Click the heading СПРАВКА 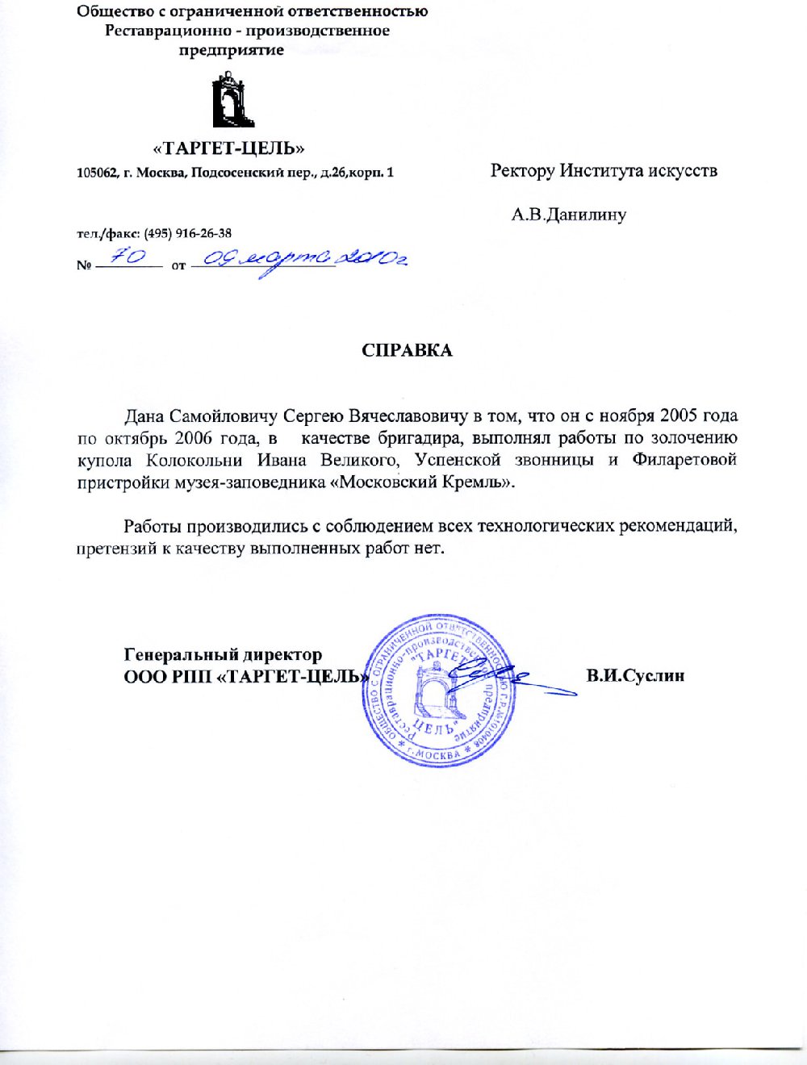click(x=407, y=350)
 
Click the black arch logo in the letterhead click(x=232, y=100)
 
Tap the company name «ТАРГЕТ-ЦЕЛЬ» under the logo click(x=229, y=148)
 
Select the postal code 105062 click(x=97, y=173)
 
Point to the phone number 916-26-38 click(x=207, y=233)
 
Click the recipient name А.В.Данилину click(x=569, y=215)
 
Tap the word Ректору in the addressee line click(x=522, y=171)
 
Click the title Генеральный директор click(x=223, y=654)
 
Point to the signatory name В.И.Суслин click(x=635, y=675)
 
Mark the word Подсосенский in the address click(x=235, y=173)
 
